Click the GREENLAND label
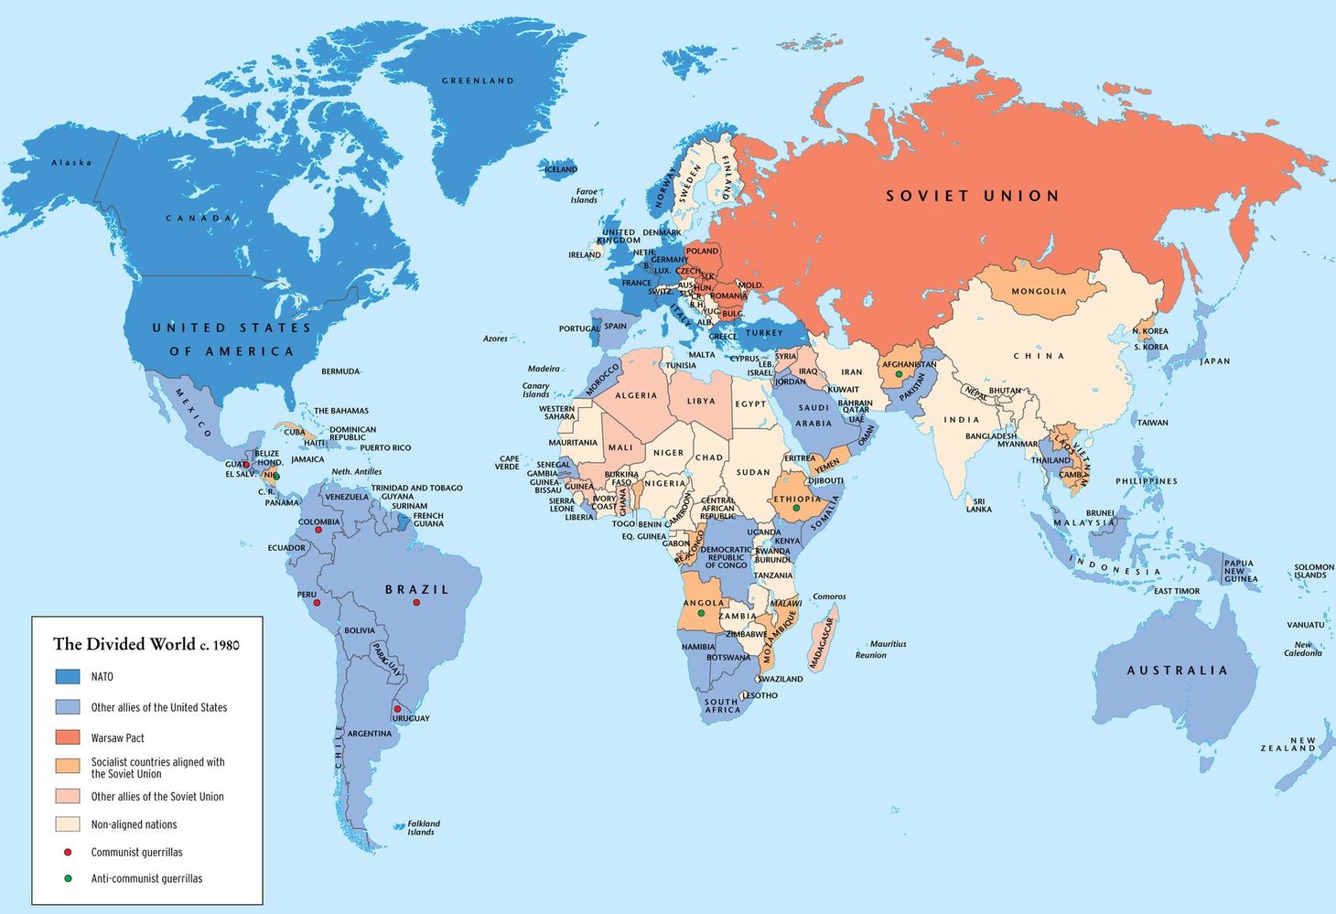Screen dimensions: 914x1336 [478, 81]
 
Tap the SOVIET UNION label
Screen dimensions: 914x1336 [973, 196]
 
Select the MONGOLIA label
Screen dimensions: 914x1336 [1039, 291]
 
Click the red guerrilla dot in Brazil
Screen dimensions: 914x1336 [416, 602]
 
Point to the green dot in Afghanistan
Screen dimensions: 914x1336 [899, 373]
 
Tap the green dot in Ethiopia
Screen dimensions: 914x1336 [796, 508]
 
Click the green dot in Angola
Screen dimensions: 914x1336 [702, 613]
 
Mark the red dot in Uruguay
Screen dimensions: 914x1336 [397, 709]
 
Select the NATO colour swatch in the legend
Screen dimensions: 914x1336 [68, 677]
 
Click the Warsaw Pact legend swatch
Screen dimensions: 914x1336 [68, 737]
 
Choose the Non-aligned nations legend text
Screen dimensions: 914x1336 [134, 824]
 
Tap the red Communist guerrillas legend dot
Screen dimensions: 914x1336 [68, 852]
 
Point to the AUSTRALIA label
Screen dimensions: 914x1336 [1177, 671]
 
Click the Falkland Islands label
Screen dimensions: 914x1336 [423, 827]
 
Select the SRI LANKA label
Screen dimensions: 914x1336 [978, 505]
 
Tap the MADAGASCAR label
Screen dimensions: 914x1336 [821, 642]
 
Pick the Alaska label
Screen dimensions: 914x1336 [71, 163]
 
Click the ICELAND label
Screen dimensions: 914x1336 [561, 169]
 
